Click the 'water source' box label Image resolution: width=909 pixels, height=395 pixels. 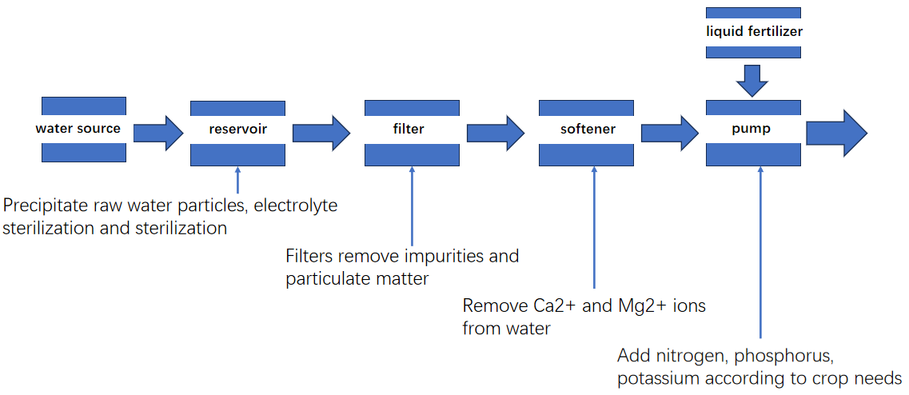click(78, 129)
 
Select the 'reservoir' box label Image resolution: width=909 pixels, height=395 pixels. click(238, 130)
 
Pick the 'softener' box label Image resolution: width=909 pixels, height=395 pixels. click(588, 129)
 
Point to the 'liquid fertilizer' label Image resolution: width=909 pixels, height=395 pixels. click(754, 32)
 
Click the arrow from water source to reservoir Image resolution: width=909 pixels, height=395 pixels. click(158, 133)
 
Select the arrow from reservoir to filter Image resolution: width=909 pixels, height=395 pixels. click(321, 133)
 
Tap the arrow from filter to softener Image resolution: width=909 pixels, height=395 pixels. click(496, 133)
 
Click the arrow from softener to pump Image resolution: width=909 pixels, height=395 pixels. click(670, 133)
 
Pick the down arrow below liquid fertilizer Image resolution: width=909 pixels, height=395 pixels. click(752, 81)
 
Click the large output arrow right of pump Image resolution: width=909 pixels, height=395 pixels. click(836, 133)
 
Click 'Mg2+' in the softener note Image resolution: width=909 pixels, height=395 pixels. click(628, 306)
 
